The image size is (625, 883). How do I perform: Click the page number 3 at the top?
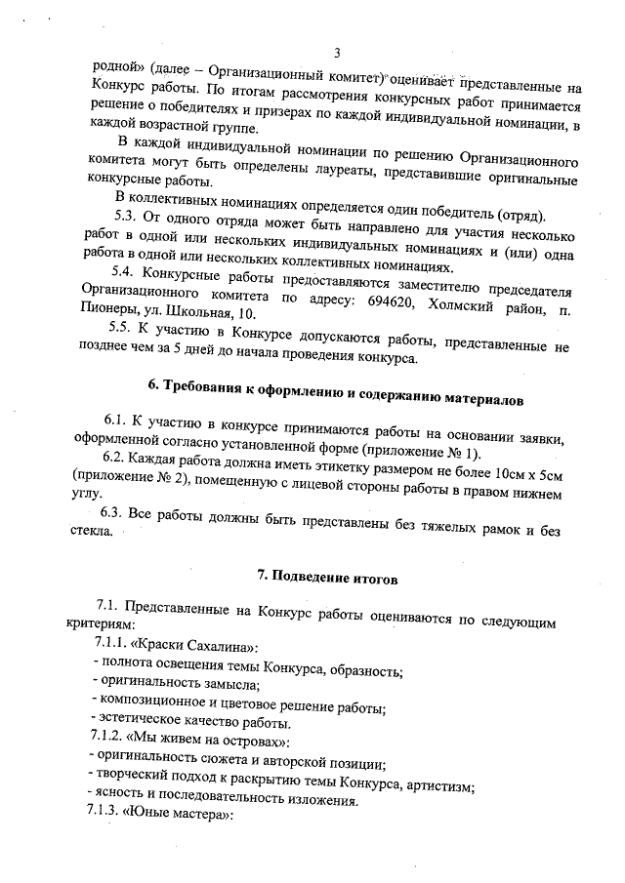(336, 52)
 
